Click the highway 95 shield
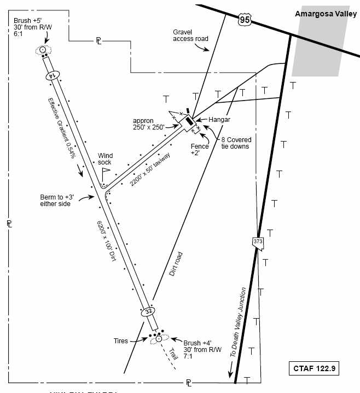244,20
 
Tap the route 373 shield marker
258,242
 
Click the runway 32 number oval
148,312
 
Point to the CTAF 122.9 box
314,368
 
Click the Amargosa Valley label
326,14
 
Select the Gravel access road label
190,36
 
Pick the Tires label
120,341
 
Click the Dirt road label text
176,264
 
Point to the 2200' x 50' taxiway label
150,169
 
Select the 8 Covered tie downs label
235,143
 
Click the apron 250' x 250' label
149,123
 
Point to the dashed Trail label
173,353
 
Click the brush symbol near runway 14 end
42,50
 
